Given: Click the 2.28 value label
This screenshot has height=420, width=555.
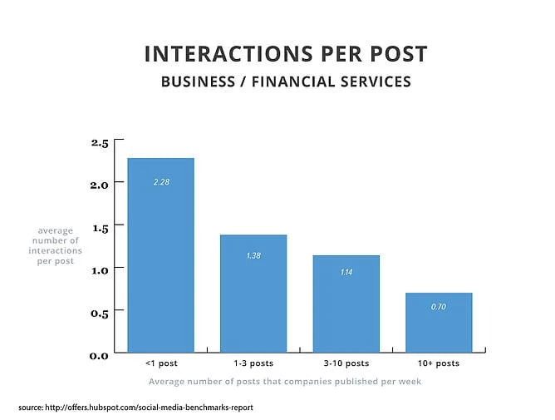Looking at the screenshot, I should [160, 181].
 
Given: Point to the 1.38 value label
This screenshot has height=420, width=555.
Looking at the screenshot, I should [253, 255].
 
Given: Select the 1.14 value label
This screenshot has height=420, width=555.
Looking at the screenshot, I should [346, 273].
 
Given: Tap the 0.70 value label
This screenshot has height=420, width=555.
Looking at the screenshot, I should [439, 307].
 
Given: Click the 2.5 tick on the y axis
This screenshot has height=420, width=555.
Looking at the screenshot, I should [100, 143].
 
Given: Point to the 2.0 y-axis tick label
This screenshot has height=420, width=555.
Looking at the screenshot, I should [100, 185].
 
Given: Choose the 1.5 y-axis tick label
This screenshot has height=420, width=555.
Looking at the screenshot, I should [100, 227].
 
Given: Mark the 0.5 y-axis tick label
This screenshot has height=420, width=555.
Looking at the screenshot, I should [100, 312].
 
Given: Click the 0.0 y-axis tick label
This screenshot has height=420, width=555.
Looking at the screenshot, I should [100, 355].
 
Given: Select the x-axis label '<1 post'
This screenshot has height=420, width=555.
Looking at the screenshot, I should [160, 363].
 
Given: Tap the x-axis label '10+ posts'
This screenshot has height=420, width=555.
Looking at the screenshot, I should [439, 363].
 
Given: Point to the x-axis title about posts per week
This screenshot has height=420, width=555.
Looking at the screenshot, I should [285, 381].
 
